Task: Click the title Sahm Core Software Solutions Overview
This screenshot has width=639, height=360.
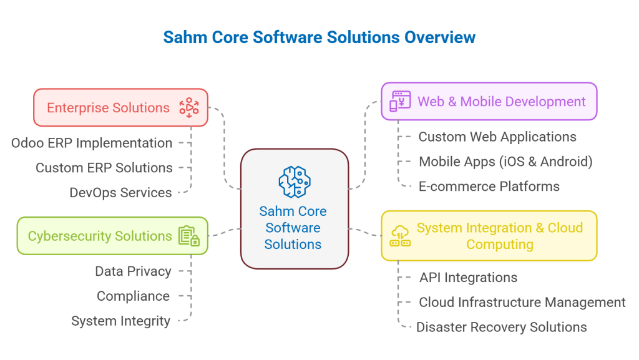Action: pyautogui.click(x=319, y=37)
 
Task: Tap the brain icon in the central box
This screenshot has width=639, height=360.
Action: pyautogui.click(x=294, y=182)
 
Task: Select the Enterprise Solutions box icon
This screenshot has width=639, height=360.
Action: pyautogui.click(x=188, y=107)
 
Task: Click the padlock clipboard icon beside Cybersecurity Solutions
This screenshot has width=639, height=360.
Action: pyautogui.click(x=188, y=236)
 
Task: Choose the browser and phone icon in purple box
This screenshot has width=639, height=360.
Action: pyautogui.click(x=399, y=101)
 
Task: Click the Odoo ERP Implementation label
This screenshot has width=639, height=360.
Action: pyautogui.click(x=92, y=143)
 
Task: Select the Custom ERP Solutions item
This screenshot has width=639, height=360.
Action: pyautogui.click(x=104, y=168)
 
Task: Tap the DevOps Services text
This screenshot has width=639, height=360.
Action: pyautogui.click(x=120, y=193)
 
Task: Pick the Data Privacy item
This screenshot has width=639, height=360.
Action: pyautogui.click(x=133, y=271)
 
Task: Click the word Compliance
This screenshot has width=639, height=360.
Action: pyautogui.click(x=133, y=296)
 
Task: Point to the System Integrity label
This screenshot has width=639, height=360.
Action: pyautogui.click(x=120, y=321)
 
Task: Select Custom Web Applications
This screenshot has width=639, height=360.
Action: pyautogui.click(x=497, y=137)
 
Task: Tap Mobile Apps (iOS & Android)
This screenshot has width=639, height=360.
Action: pyautogui.click(x=505, y=162)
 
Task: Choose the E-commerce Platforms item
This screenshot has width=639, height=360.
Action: pyautogui.click(x=489, y=187)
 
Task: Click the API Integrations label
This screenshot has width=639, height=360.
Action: pyautogui.click(x=468, y=278)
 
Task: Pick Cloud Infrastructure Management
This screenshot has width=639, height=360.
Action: pyautogui.click(x=522, y=303)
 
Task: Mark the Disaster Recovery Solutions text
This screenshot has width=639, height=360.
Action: pyautogui.click(x=502, y=328)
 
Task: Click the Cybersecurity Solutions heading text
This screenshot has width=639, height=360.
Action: pyautogui.click(x=100, y=236)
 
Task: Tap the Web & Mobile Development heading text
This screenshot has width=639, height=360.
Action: pyautogui.click(x=502, y=101)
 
